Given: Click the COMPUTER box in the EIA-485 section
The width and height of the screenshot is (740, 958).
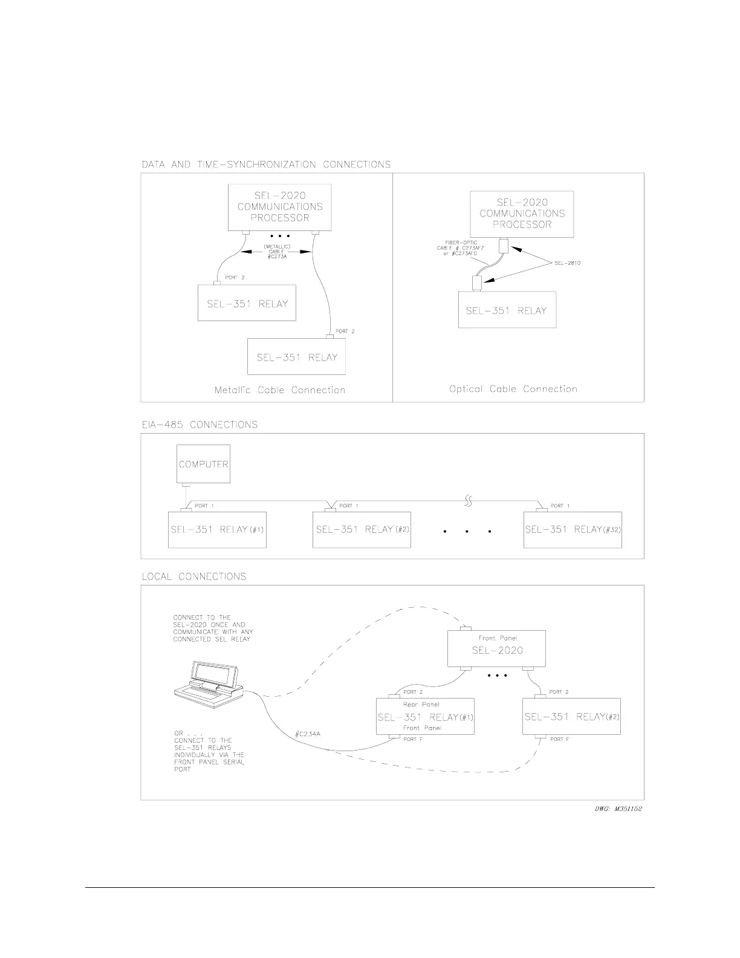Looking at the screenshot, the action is tap(203, 464).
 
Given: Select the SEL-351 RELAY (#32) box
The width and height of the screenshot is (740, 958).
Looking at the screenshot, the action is tap(572, 530).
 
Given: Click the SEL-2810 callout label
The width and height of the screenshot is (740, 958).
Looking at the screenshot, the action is tap(567, 263).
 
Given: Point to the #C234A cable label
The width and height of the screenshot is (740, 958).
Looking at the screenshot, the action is tap(307, 734).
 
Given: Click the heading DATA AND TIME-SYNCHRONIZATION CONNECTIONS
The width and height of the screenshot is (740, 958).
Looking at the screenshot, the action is tap(266, 165).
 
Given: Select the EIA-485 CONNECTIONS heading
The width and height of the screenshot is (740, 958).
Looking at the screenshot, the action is tap(200, 425).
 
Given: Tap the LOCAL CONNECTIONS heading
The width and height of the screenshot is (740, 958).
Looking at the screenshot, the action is tap(194, 576).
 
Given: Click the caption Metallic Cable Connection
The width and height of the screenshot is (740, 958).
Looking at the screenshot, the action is tap(280, 390).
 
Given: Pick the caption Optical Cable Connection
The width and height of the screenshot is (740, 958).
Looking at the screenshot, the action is tap(513, 389).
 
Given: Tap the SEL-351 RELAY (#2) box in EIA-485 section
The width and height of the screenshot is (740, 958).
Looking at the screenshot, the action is tap(362, 530).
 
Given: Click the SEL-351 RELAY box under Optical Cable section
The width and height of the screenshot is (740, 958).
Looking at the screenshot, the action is tap(507, 310).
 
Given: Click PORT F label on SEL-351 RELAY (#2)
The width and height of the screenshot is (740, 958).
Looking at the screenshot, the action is tap(559, 739).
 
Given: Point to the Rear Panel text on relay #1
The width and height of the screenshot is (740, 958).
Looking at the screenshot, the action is tap(421, 705).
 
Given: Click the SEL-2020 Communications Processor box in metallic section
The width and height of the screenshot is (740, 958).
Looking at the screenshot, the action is tap(280, 207).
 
